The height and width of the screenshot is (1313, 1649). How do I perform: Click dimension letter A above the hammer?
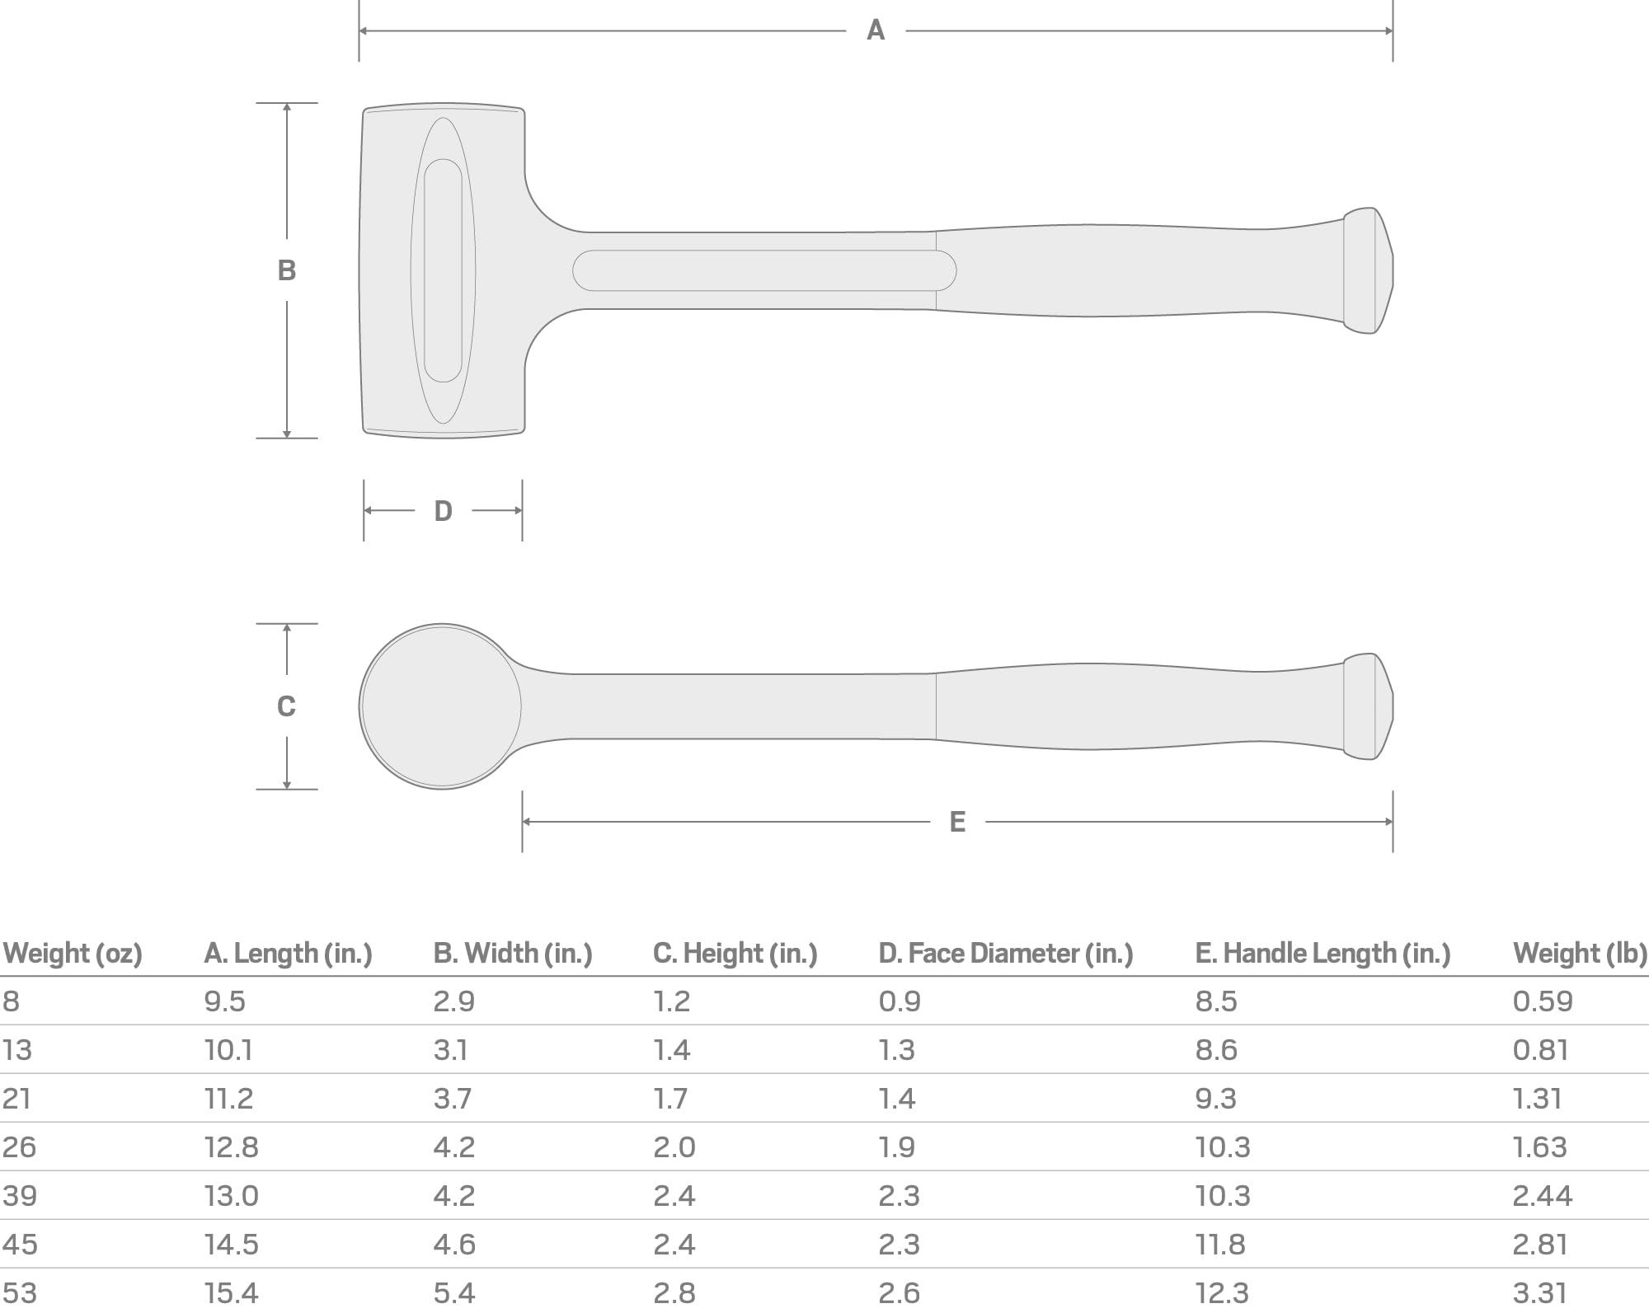(876, 30)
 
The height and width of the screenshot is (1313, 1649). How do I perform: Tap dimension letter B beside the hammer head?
(286, 270)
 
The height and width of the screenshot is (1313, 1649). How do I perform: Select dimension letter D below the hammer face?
(443, 511)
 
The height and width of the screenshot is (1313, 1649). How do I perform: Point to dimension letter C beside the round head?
(286, 706)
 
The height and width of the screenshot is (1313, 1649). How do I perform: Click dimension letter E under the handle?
(957, 822)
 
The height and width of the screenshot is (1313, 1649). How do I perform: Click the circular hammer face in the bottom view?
(441, 706)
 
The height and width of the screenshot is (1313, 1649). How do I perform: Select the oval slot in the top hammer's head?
(443, 270)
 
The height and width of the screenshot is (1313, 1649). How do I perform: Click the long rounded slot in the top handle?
(763, 270)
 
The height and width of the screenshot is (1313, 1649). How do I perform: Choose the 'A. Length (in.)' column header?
(288, 954)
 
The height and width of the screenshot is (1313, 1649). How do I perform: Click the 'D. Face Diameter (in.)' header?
(1005, 954)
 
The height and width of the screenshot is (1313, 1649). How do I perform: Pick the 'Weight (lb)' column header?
(1579, 954)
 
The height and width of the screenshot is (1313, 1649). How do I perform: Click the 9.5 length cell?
(224, 1001)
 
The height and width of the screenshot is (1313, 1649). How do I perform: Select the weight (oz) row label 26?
(19, 1147)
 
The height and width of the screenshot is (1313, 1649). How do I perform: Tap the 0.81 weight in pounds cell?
(1540, 1050)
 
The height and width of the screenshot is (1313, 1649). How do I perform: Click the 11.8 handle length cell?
(1220, 1245)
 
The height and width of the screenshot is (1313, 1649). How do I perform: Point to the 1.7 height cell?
(670, 1099)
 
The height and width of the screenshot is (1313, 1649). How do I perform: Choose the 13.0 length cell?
(231, 1196)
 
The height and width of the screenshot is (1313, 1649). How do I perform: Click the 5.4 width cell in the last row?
(453, 1293)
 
